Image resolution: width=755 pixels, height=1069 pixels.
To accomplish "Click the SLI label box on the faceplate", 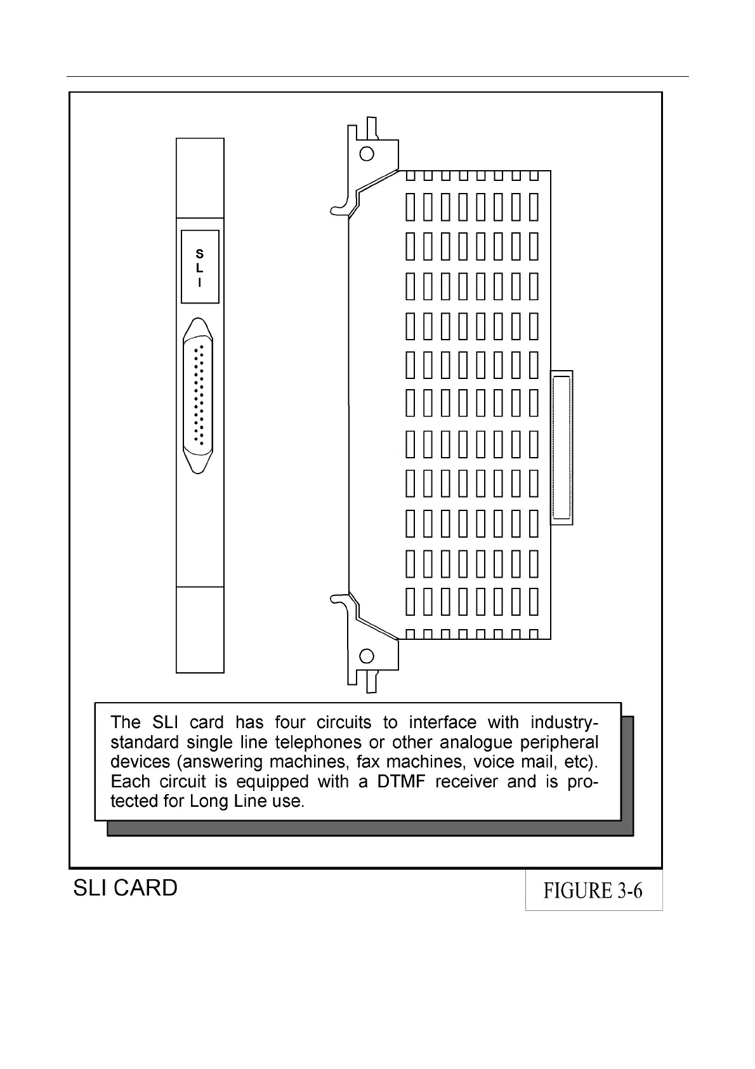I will coord(200,267).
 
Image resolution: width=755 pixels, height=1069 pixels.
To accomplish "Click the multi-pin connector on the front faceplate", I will coord(198,397).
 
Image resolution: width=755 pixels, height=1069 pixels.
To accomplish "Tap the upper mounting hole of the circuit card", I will coord(367,153).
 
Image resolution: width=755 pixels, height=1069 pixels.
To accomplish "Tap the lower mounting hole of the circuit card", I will coord(367,656).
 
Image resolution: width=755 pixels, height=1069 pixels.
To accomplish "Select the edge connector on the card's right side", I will coord(561,448).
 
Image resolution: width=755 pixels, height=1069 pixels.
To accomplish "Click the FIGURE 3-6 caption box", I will coord(593,890).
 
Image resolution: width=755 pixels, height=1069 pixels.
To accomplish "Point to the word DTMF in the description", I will coord(401,781).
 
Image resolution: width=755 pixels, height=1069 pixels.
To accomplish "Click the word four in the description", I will coord(290,722).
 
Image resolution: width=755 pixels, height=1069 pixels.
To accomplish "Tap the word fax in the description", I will coord(367,762).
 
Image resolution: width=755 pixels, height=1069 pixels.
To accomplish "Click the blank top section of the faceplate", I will coord(200,178).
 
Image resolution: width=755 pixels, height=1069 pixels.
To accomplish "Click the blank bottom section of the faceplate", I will coord(200,629).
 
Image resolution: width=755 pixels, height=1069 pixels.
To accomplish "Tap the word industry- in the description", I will coord(564,722).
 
